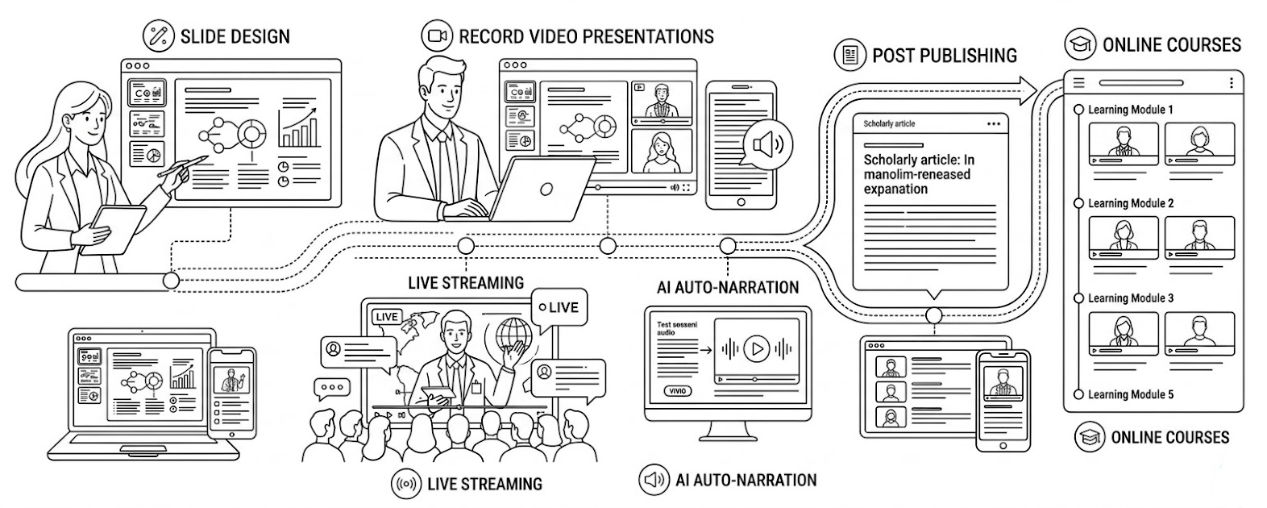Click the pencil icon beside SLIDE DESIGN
pos(158,35)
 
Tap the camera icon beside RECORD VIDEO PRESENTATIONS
pos(437,35)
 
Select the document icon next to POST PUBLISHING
pos(850,55)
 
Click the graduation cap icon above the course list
pos(1079,44)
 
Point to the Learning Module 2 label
pos(1130,203)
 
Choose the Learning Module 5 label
pos(1130,394)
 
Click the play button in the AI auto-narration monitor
pos(756,348)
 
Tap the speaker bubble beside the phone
pos(766,145)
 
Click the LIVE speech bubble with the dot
pos(559,307)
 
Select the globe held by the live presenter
pos(513,332)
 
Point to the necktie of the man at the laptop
pos(443,160)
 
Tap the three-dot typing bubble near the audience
pos(331,388)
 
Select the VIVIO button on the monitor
pos(678,391)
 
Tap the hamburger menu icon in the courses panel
pos(1079,83)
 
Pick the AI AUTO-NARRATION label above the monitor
pos(728,287)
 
